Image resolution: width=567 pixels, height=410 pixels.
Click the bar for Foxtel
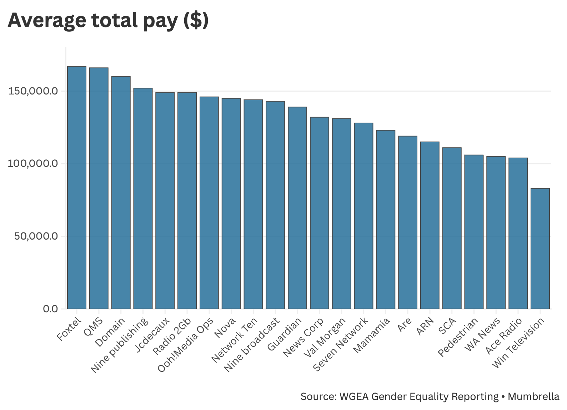coord(77,188)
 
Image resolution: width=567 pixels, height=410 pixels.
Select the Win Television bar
coord(540,248)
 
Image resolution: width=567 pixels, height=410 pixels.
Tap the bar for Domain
coord(121,193)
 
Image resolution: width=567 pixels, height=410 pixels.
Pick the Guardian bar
coord(297,208)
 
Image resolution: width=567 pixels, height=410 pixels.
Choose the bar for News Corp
coord(319,213)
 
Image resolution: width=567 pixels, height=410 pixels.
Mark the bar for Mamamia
coord(386,220)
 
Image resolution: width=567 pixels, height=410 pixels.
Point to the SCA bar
coord(452,228)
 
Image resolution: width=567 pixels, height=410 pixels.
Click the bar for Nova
coord(231,204)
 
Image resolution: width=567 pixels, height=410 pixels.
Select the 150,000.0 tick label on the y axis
coord(33,91)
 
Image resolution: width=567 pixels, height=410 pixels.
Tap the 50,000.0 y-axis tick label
coord(36,236)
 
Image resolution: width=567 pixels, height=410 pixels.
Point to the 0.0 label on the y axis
coord(50,309)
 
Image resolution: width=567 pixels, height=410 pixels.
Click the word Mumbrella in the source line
coord(533,396)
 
